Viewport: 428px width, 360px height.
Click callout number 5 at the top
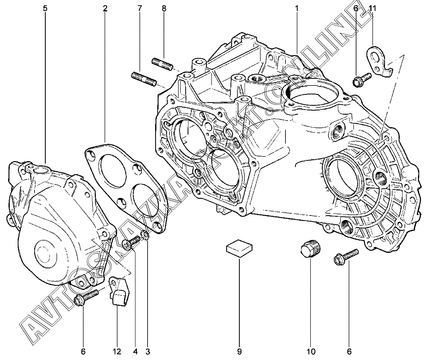coord(45,8)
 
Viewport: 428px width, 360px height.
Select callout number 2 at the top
coord(105,8)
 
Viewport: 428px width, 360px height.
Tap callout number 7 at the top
coord(139,8)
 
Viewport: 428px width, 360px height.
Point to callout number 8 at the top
coord(164,8)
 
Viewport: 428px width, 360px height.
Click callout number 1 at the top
coord(296,8)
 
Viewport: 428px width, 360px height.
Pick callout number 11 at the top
coord(372,8)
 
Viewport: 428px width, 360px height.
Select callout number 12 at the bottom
coord(117,352)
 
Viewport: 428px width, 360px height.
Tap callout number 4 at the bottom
coord(136,352)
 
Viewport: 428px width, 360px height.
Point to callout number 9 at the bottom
coord(239,352)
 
